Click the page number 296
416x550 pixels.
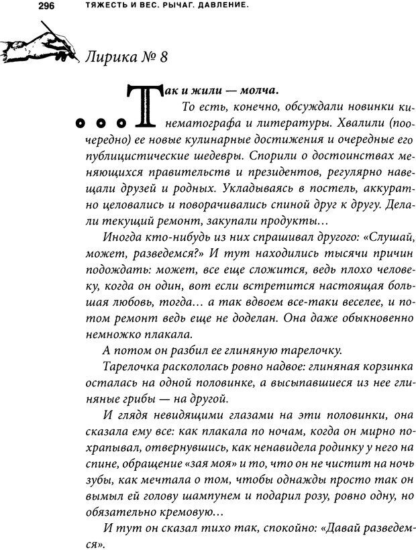tap(16, 6)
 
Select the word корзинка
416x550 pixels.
tap(374, 368)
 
